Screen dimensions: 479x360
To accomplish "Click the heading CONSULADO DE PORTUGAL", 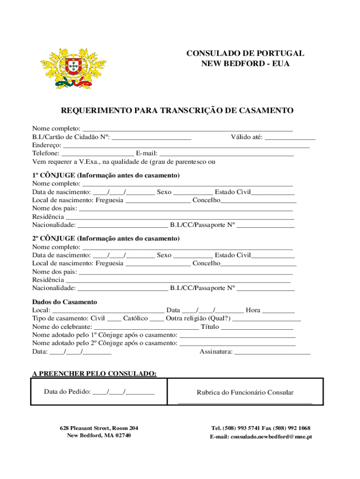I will click(x=245, y=53).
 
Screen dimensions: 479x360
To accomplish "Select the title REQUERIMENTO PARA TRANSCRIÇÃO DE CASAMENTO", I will click(x=177, y=111).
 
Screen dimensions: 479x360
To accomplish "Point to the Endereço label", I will click(x=46, y=145).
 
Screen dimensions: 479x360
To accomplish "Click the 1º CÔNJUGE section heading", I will click(x=106, y=175).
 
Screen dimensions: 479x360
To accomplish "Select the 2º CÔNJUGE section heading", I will click(x=106, y=239).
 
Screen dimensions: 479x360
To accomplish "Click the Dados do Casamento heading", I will click(x=65, y=302).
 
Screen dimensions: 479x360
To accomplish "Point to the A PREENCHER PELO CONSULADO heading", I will click(x=94, y=373).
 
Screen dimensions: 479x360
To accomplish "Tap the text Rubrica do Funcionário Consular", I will click(x=245, y=392).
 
